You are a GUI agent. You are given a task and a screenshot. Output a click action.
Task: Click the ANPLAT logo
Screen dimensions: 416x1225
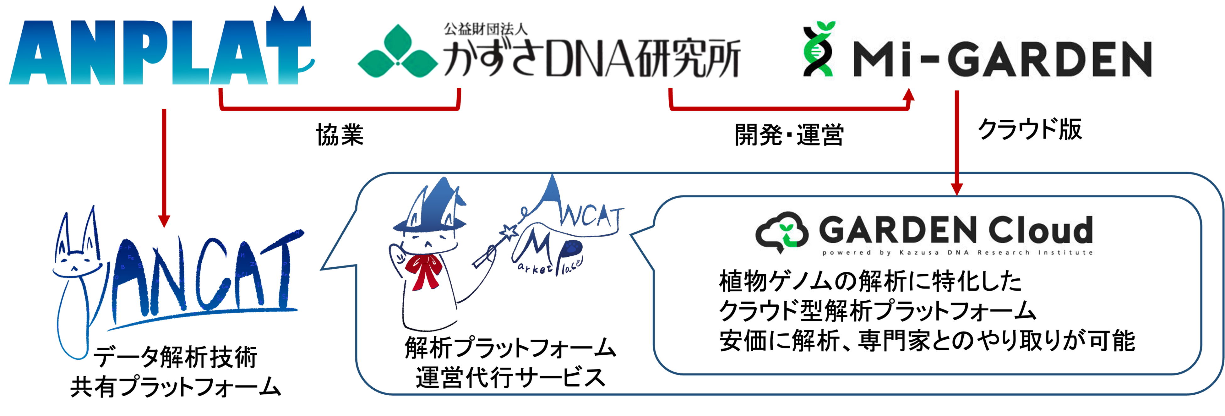[x=159, y=50]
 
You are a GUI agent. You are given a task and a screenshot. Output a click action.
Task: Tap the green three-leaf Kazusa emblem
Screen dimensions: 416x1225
[x=397, y=52]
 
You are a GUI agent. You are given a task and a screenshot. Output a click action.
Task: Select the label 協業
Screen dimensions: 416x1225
[x=340, y=134]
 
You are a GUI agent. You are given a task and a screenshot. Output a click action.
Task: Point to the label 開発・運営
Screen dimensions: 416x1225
[x=789, y=134]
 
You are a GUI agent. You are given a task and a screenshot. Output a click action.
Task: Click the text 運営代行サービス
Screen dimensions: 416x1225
[x=510, y=378]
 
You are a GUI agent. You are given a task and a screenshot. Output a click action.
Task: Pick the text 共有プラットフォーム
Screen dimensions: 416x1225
[x=176, y=386]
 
